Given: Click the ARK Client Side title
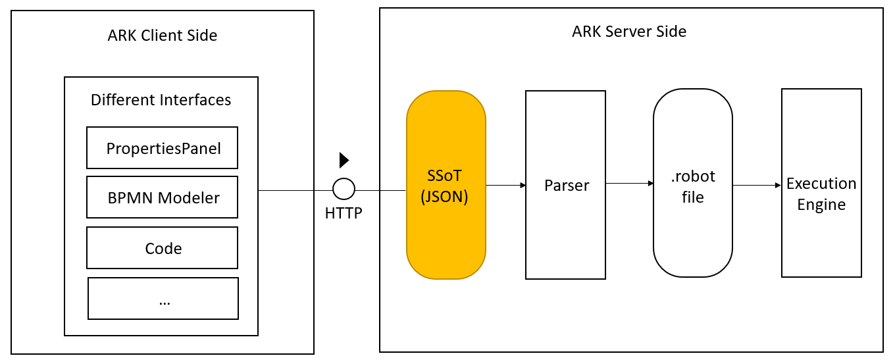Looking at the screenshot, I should tap(162, 36).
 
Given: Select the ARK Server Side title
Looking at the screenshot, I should tap(629, 31).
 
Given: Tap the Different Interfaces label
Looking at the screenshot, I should tap(161, 100).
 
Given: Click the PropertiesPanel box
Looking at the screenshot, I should tap(162, 148).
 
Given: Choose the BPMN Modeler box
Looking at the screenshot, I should tap(162, 197).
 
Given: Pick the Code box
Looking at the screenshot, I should tap(162, 248).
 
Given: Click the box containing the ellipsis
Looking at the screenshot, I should tap(163, 298).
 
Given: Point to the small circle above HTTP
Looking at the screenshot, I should tap(344, 190).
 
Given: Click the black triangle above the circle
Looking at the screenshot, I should tap(344, 160).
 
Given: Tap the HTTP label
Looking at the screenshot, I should tap(344, 213).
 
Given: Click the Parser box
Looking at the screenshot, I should tap(565, 185).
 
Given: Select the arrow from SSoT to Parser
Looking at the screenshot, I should tap(505, 186).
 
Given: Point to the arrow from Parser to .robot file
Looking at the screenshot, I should tap(629, 184).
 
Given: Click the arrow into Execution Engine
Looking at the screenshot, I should tap(757, 186).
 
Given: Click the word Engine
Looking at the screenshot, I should tap(821, 205).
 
